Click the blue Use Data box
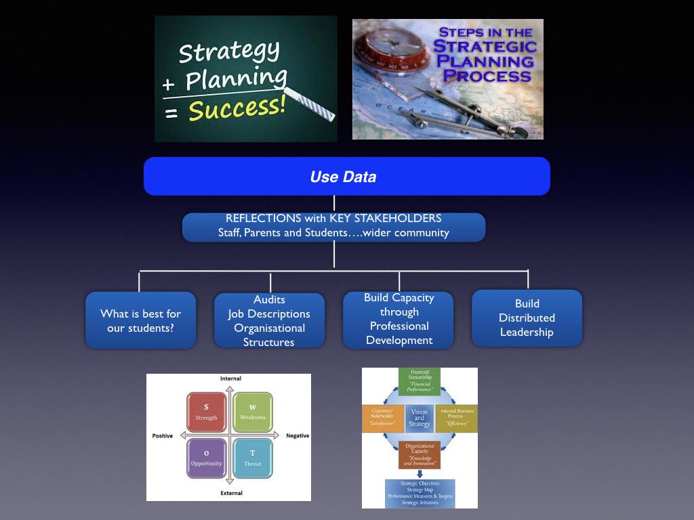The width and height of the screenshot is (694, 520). tap(346, 177)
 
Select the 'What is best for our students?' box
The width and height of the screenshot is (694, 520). tap(140, 320)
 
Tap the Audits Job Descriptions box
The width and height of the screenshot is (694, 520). tap(269, 321)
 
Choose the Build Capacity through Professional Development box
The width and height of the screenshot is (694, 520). tap(399, 319)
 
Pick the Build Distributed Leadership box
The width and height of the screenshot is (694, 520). tap(527, 318)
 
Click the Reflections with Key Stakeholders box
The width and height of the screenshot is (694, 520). tap(333, 226)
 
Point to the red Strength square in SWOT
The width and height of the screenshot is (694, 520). tap(206, 412)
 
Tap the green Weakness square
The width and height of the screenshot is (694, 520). tap(252, 412)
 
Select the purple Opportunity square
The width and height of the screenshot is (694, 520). tap(206, 458)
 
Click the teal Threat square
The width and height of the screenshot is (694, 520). tap(252, 458)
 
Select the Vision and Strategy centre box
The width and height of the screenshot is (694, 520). tap(420, 418)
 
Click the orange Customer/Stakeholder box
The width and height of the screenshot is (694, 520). tap(382, 418)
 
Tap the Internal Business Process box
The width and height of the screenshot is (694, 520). tap(457, 418)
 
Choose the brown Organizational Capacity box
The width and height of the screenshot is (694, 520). tap(420, 455)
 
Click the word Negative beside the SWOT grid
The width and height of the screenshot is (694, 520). tap(298, 436)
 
